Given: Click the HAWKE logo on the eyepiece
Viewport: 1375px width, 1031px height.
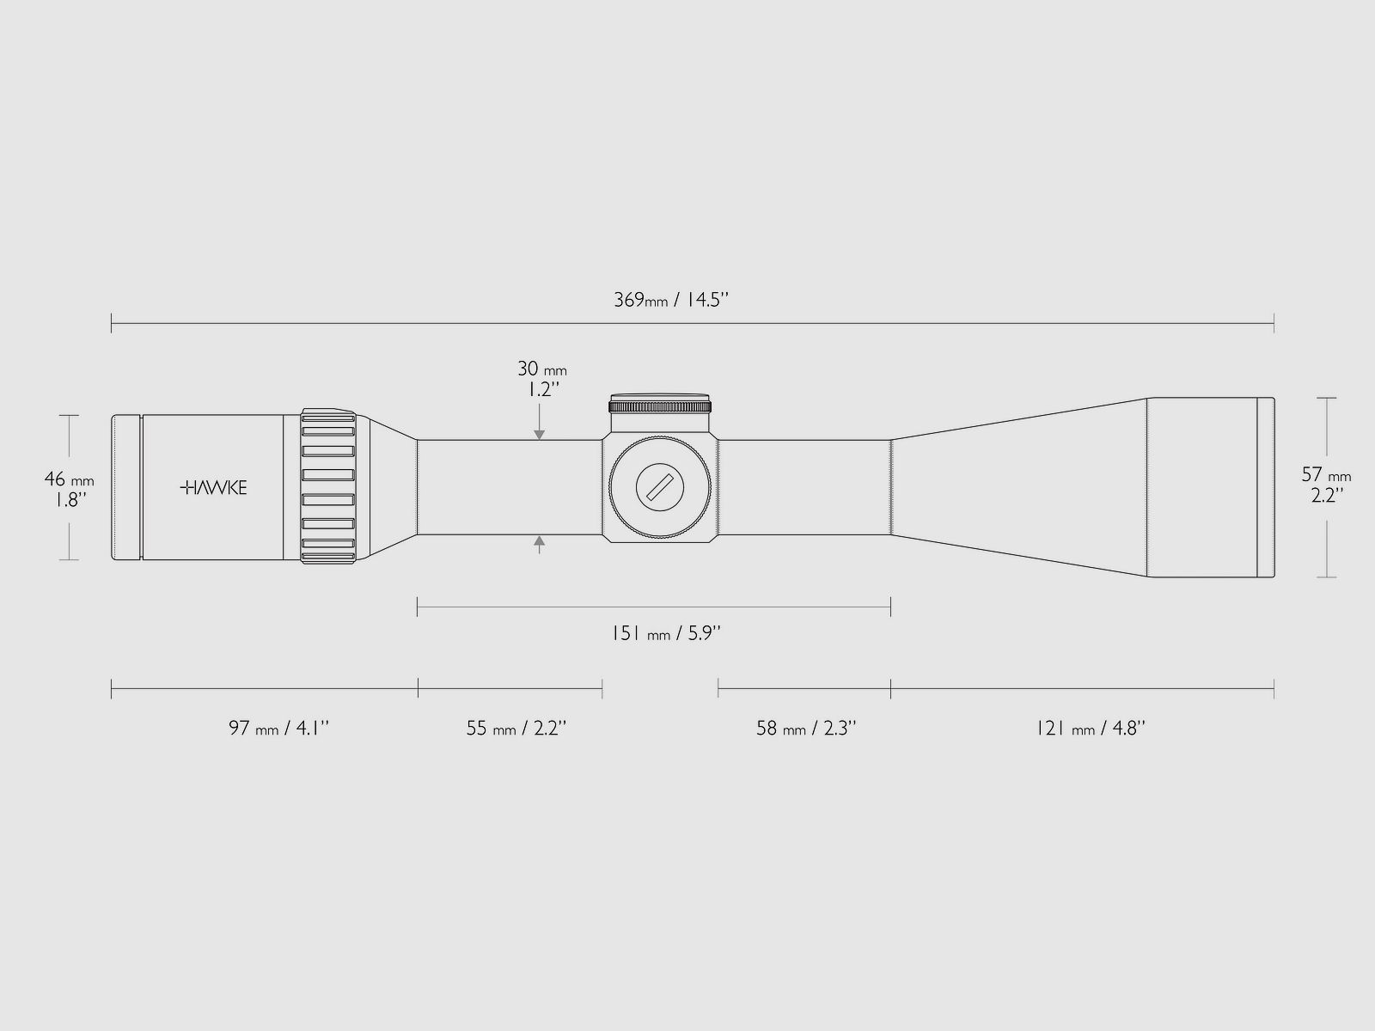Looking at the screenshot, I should tap(214, 488).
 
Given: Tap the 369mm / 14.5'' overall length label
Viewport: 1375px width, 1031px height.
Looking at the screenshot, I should tap(671, 300).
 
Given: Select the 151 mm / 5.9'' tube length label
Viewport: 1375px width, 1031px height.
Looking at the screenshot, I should tap(665, 634).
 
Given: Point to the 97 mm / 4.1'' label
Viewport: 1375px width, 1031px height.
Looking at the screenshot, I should tap(278, 729).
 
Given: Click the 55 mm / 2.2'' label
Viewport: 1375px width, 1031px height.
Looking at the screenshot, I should tap(516, 729).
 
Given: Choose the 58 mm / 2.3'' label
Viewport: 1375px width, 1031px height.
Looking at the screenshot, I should tap(806, 729).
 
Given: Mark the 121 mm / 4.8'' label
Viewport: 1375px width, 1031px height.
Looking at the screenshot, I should tap(1090, 729).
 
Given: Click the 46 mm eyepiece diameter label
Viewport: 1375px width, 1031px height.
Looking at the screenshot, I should tap(69, 479).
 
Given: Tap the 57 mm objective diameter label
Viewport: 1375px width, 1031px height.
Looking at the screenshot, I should tap(1326, 475).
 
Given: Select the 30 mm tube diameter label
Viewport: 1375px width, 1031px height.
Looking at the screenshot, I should tap(541, 369).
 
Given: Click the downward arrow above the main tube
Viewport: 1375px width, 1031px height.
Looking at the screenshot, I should tap(539, 433).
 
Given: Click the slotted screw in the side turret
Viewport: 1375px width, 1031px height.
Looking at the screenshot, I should tap(660, 488).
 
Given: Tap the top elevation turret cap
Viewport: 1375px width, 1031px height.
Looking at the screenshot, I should tap(660, 406).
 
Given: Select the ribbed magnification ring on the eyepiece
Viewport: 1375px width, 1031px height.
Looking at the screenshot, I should tap(328, 487).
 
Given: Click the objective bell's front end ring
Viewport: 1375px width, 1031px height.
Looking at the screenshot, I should tap(1265, 487).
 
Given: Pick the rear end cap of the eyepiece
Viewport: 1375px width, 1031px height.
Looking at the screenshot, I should tap(126, 487).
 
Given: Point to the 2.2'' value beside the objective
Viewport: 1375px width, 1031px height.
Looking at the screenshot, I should tap(1326, 496).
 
